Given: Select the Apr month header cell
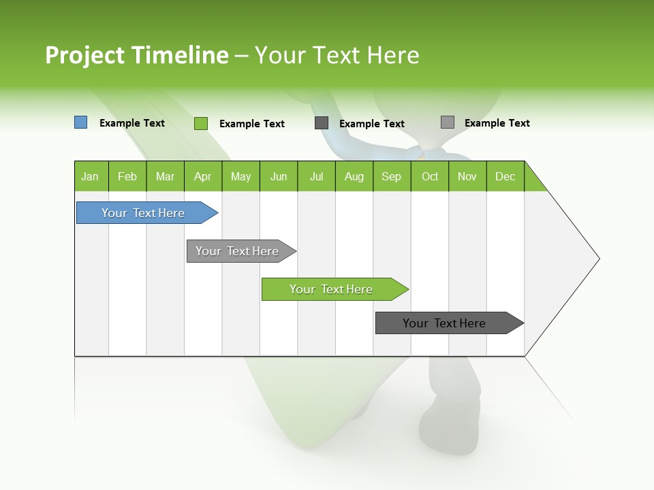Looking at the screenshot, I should (203, 176).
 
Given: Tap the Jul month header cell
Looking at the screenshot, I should (316, 176).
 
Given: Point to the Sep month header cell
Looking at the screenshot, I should (392, 176).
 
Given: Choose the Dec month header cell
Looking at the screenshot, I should (505, 176).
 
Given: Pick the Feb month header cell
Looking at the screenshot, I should (127, 176).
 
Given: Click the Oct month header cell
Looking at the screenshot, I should (430, 176).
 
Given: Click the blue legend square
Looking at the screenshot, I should (81, 122).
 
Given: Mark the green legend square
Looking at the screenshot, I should (201, 123).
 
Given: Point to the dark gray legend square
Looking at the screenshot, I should (322, 123).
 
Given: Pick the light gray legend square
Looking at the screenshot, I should (448, 122).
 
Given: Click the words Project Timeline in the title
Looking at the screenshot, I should (137, 55).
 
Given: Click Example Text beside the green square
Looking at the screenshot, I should (252, 124).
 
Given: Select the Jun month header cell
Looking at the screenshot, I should (279, 176).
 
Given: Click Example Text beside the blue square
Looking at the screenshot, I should (132, 123).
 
